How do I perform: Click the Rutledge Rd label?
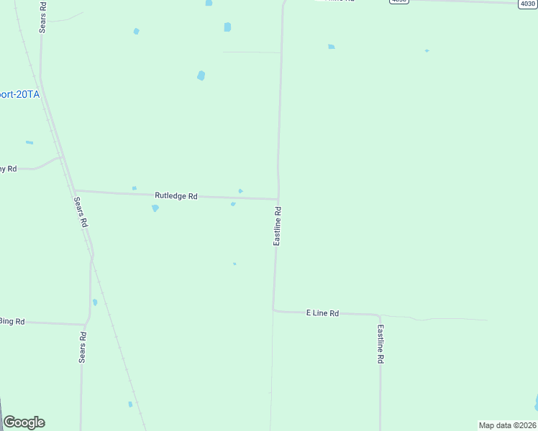tap(176, 195)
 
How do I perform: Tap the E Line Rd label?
tap(322, 313)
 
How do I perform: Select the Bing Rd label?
tap(12, 321)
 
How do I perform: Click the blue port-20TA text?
tap(19, 94)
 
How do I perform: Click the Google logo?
tap(24, 422)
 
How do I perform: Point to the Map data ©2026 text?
tap(507, 425)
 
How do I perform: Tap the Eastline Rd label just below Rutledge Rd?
tap(277, 226)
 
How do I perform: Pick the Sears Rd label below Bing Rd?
tap(83, 348)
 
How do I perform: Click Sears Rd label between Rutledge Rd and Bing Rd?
tap(80, 213)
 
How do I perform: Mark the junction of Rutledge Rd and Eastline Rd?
tap(278, 199)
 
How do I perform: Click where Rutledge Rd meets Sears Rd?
tap(75, 191)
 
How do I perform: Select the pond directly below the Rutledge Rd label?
tap(155, 208)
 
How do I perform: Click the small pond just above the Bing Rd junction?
tap(95, 302)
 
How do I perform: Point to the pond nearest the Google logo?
tap(130, 404)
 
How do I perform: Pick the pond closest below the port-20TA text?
tap(29, 143)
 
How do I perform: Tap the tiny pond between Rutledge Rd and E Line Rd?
tap(234, 264)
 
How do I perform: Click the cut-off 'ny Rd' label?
tap(7, 169)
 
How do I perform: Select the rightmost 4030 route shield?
tap(527, 4)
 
